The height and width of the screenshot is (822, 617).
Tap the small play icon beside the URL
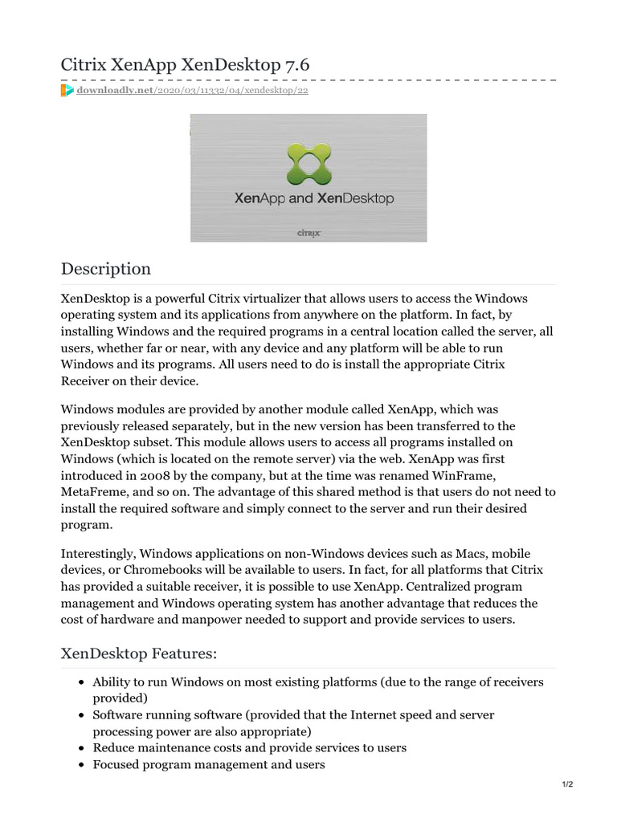pos(67,91)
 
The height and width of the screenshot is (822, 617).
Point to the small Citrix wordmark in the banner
pos(309,233)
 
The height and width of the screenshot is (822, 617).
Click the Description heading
pos(106,269)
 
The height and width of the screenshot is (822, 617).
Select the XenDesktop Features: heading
pos(139,654)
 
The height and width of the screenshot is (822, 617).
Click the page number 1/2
pos(567,784)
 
